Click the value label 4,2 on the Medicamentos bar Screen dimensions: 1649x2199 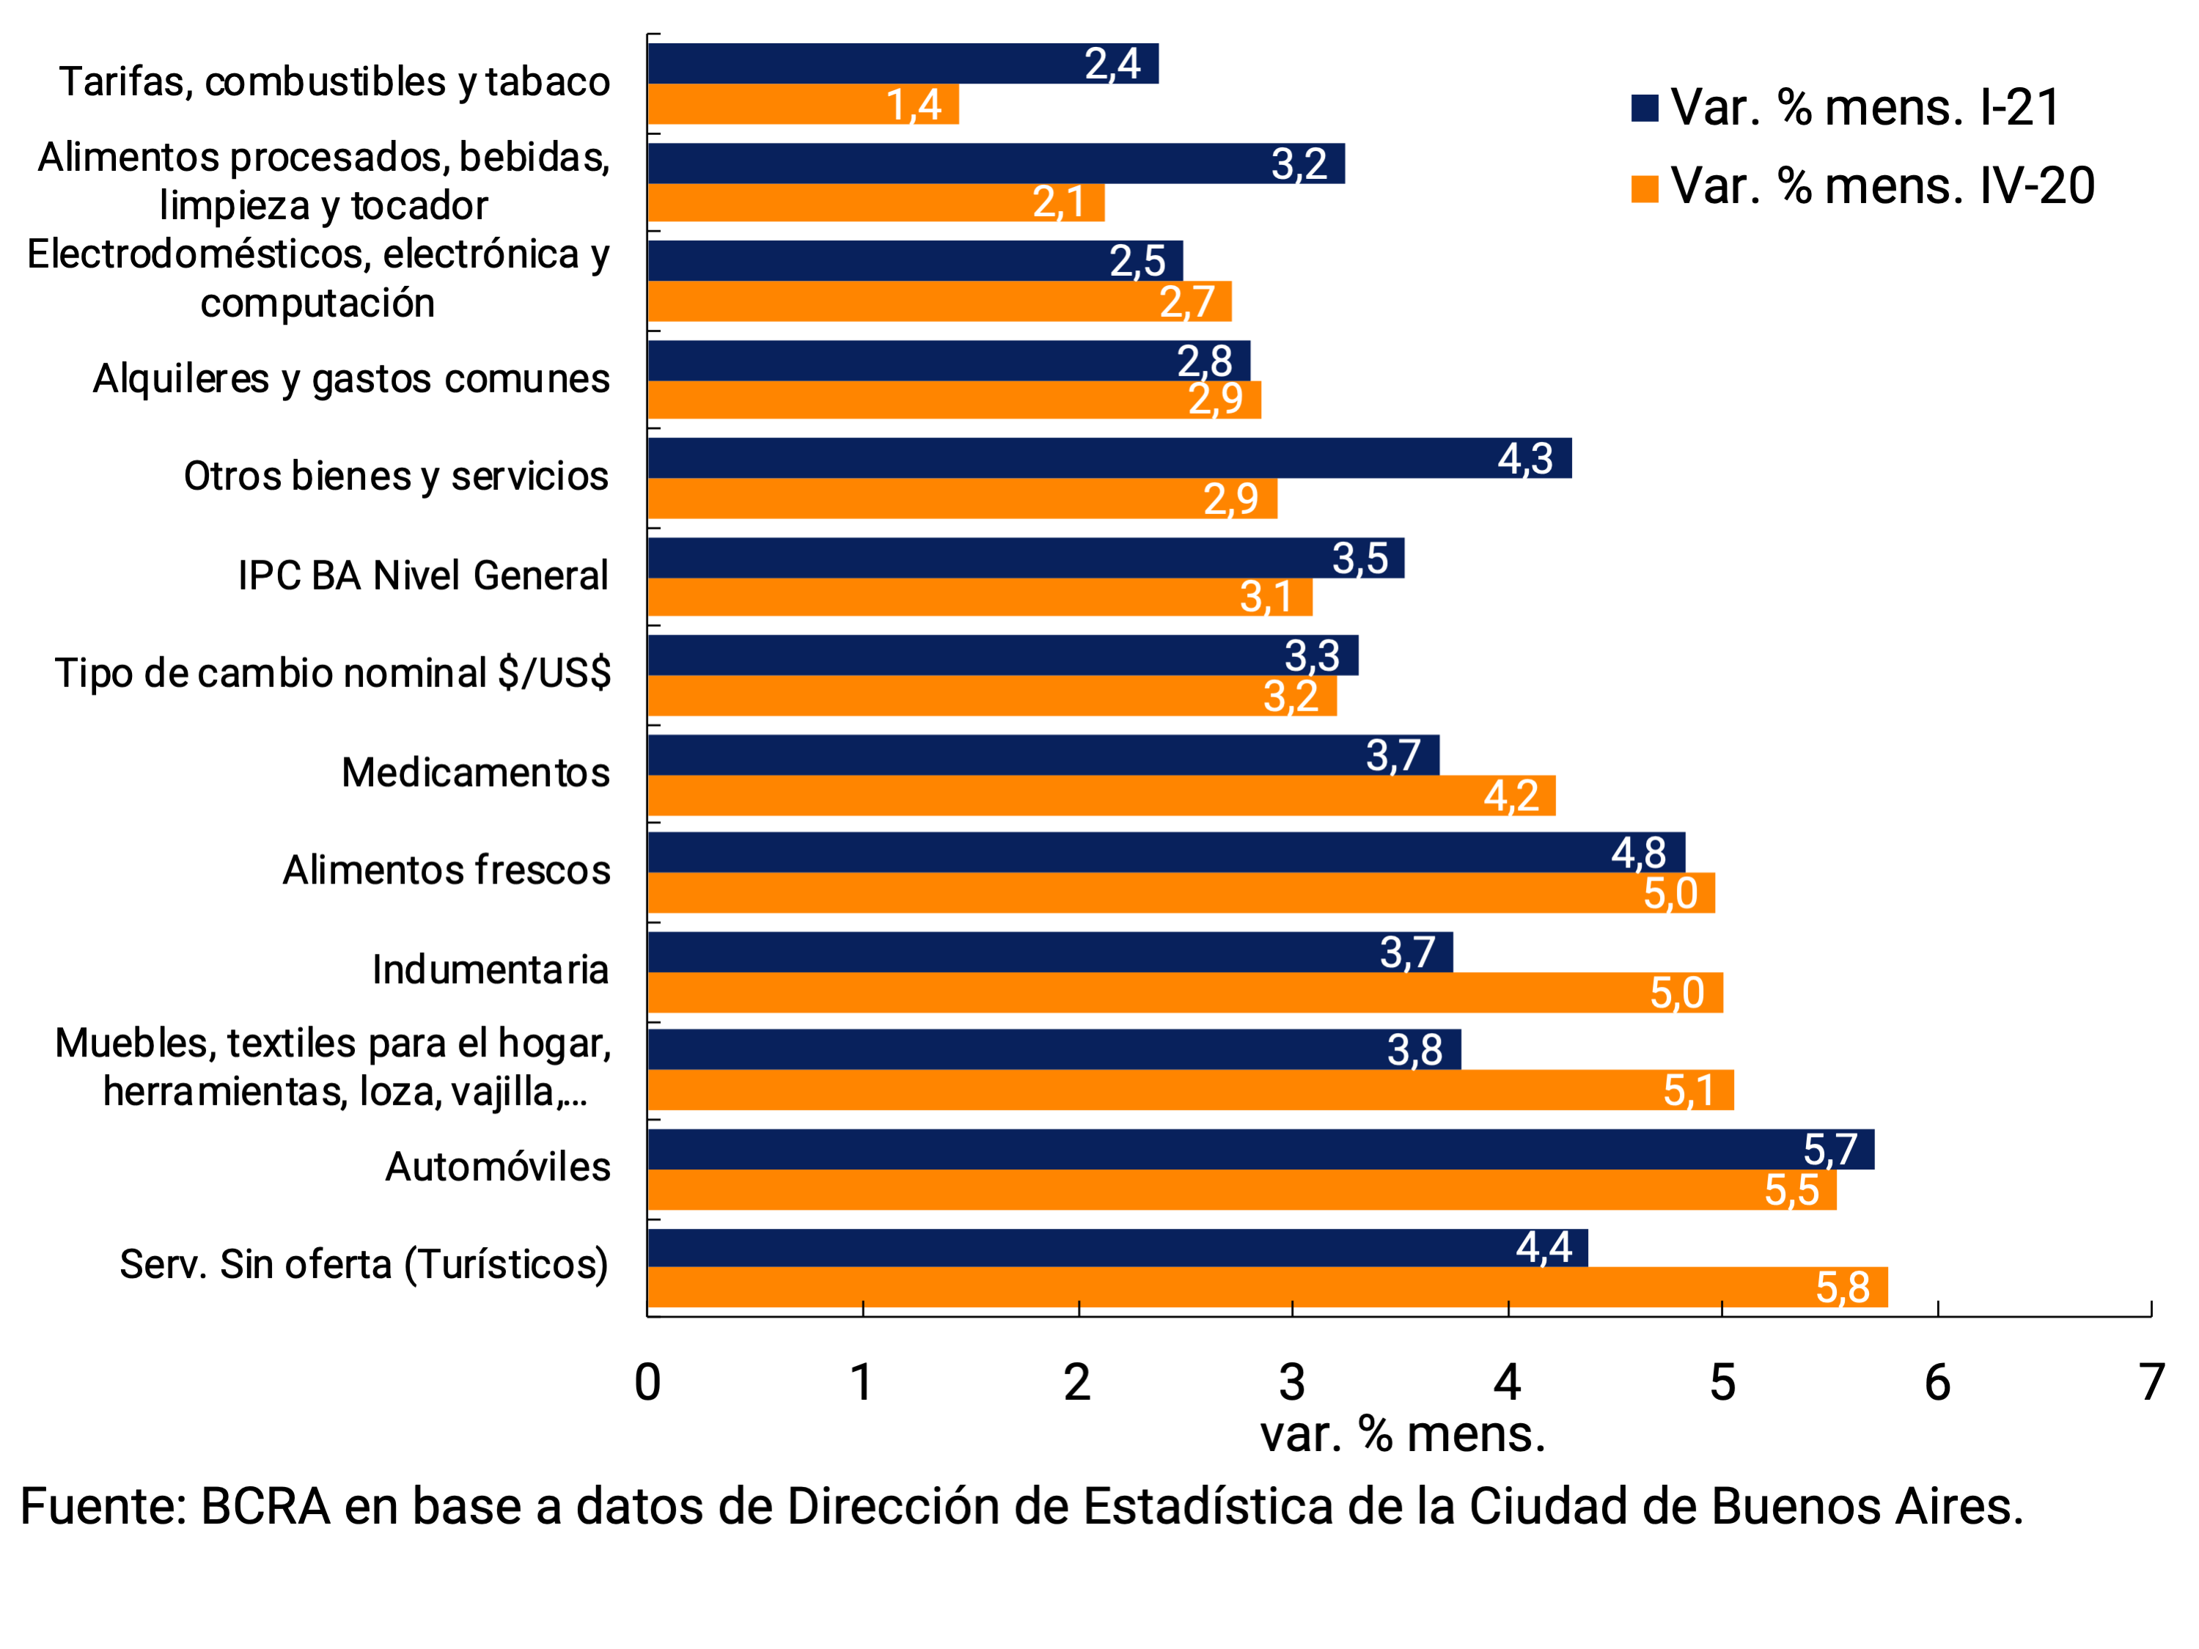[x=1511, y=796]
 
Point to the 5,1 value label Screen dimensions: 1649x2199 [x=1689, y=1090]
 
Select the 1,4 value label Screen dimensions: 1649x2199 [x=914, y=104]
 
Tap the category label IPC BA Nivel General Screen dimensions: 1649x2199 [x=422, y=576]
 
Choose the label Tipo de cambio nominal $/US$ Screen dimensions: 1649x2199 [x=333, y=673]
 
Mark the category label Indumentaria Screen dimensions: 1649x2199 [x=490, y=969]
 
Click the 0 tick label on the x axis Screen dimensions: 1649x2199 [x=647, y=1383]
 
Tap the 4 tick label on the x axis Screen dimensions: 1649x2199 [x=1507, y=1383]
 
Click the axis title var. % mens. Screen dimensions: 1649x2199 [x=1403, y=1434]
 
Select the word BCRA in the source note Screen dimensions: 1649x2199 [x=265, y=1507]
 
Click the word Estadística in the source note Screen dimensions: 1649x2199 [x=1208, y=1507]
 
